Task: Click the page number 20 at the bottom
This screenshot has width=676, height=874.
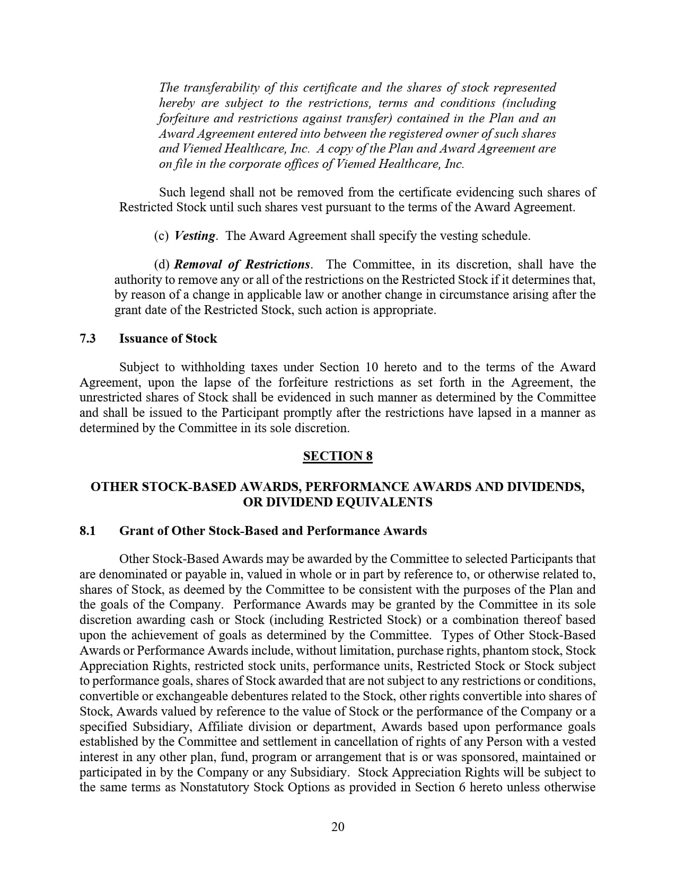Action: (338, 827)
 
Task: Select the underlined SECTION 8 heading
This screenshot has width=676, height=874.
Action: (338, 456)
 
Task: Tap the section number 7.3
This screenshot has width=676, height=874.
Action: (87, 338)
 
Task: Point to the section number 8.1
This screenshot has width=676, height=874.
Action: (87, 531)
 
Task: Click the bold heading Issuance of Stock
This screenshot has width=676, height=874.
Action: (168, 338)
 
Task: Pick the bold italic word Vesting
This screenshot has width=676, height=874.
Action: (195, 236)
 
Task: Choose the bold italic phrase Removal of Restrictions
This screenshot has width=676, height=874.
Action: (242, 264)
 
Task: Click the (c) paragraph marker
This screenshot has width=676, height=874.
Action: (161, 236)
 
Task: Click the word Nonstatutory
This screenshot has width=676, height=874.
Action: (214, 787)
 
